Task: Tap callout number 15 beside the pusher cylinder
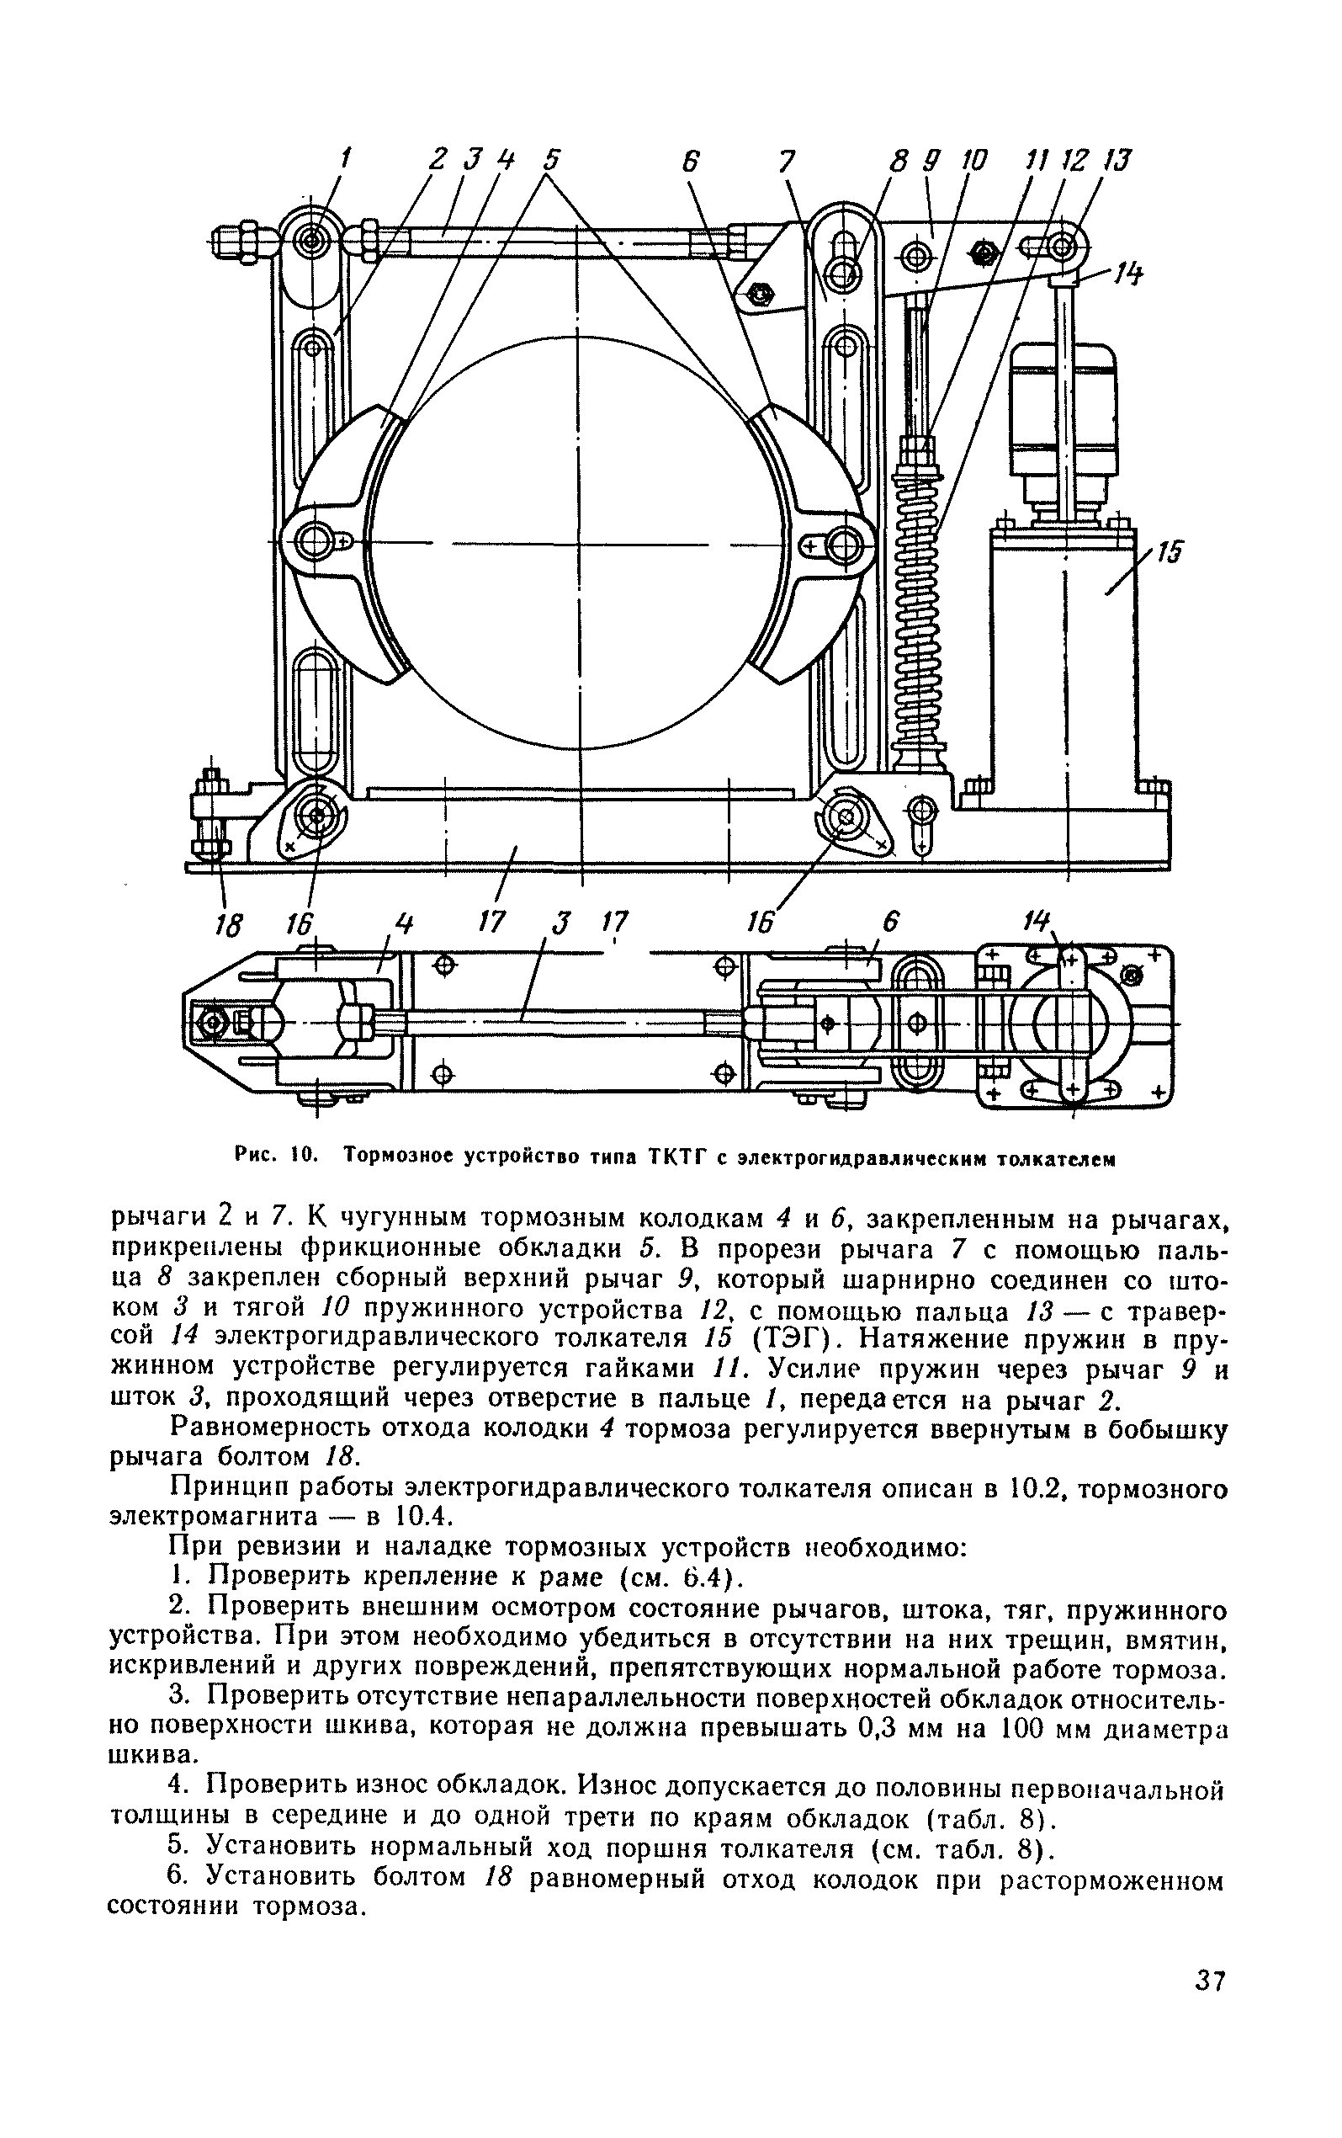pyautogui.click(x=1170, y=554)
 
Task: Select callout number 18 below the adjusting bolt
pyautogui.click(x=229, y=926)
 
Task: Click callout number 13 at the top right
pyautogui.click(x=1117, y=161)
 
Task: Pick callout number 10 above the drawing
pyautogui.click(x=973, y=161)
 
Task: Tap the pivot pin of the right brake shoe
pyautogui.click(x=845, y=542)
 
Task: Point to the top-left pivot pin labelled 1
pyautogui.click(x=310, y=239)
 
